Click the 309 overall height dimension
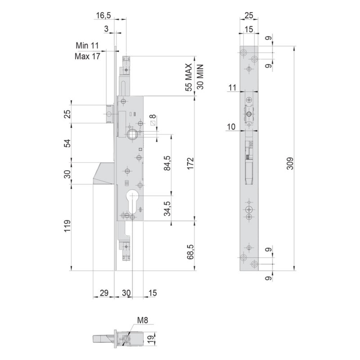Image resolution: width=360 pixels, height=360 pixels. tap(290, 163)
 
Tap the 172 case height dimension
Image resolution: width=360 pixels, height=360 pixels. tap(190, 163)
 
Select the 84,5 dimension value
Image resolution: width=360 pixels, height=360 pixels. tap(167, 163)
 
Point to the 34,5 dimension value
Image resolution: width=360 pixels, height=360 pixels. tap(167, 208)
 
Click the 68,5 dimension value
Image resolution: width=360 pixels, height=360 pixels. tap(190, 252)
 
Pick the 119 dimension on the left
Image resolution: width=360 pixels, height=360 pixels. tap(67, 226)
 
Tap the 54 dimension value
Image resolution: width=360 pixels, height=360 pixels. tap(67, 143)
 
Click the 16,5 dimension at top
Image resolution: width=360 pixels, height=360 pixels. tap(103, 15)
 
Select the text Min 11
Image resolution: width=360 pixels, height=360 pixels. tap(87, 45)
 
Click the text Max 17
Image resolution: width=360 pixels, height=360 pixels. tap(87, 56)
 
